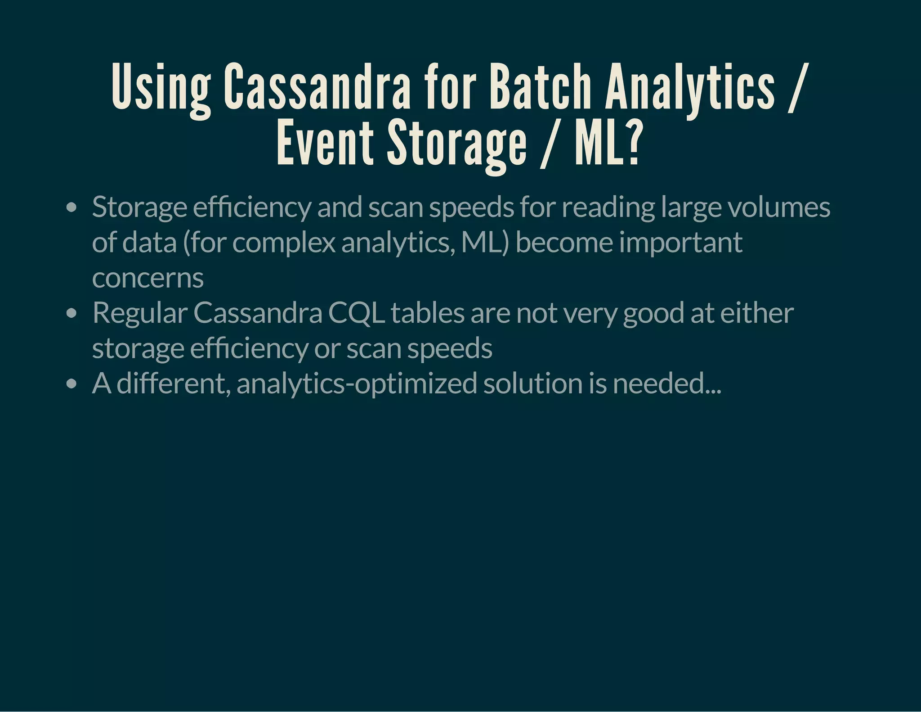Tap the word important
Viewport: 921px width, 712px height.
point(680,243)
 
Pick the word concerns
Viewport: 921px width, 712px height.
point(148,278)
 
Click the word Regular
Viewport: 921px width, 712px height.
point(140,313)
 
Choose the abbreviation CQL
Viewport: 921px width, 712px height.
point(356,313)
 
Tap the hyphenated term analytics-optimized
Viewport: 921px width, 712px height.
point(357,383)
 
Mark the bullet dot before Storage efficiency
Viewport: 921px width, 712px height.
point(71,208)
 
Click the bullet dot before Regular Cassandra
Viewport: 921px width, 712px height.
point(71,314)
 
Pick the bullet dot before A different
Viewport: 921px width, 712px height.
point(71,384)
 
